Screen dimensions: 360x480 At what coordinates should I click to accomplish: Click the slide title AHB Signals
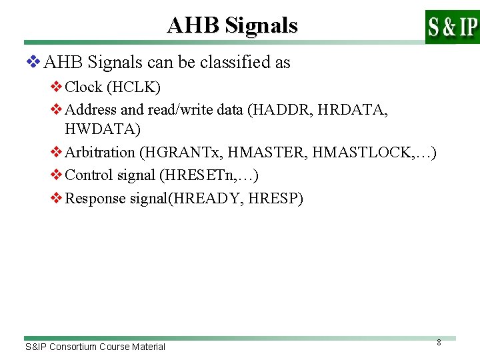coord(232,25)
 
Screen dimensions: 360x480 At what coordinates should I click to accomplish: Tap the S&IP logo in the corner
coord(452,27)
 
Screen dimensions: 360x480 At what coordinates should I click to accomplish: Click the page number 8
coord(439,343)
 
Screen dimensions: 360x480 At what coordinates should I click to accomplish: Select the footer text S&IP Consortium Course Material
coord(95,347)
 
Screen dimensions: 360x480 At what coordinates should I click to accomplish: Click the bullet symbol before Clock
coord(57,87)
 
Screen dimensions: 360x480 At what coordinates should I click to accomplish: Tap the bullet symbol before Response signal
coord(57,198)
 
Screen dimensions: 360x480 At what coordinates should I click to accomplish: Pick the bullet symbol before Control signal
coord(57,175)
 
